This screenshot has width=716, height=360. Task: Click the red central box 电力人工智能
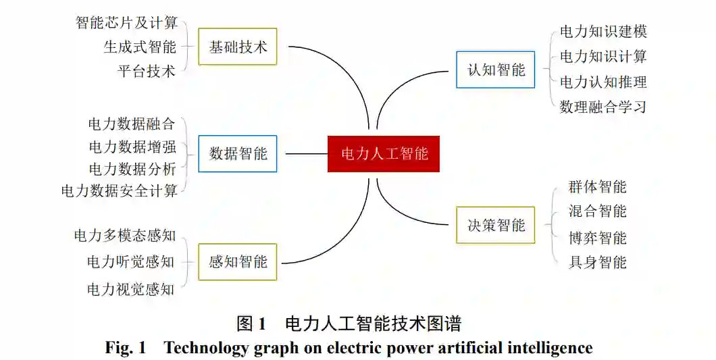[384, 153]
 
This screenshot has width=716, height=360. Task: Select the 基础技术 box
[238, 47]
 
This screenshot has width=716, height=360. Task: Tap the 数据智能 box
[238, 153]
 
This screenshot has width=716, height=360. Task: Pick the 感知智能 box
[238, 261]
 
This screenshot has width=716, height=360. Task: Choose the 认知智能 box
[496, 70]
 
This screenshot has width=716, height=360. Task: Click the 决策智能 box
[496, 225]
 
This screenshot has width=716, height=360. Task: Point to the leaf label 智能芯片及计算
[126, 22]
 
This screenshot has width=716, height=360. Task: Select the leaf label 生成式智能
[140, 47]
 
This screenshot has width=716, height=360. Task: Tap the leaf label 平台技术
[147, 71]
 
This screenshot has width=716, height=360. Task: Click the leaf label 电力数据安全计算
[119, 190]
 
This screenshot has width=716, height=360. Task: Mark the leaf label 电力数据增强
[132, 147]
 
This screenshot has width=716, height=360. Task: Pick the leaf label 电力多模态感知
[125, 235]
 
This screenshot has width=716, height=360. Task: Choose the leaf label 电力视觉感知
[131, 289]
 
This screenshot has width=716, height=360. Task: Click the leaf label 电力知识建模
[603, 32]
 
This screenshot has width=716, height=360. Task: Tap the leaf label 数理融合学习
[603, 106]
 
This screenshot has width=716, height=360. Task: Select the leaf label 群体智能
[597, 187]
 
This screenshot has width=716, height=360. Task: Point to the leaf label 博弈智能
[597, 238]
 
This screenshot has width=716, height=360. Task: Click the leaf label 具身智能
[597, 262]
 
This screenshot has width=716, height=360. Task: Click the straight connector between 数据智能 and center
[306, 153]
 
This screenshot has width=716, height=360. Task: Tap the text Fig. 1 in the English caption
[126, 348]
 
